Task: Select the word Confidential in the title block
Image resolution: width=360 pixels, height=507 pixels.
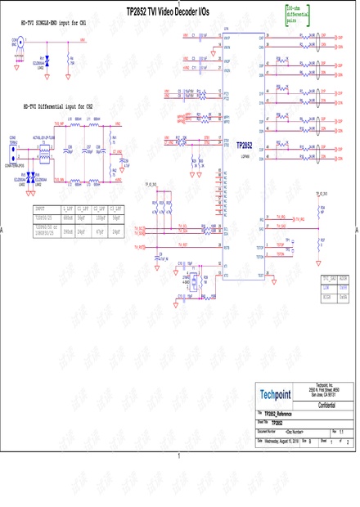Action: pos(325,405)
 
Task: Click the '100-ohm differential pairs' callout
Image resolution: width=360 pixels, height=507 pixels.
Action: pos(298,11)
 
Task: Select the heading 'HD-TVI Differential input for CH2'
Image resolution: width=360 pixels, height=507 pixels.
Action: pos(57,107)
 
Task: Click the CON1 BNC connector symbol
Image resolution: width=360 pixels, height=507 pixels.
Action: pos(16,47)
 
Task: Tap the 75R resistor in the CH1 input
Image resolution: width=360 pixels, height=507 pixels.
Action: pos(72,59)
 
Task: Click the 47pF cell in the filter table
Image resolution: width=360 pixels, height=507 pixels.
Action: pos(100,232)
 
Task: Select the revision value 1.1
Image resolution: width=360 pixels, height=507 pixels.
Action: pos(341,430)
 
